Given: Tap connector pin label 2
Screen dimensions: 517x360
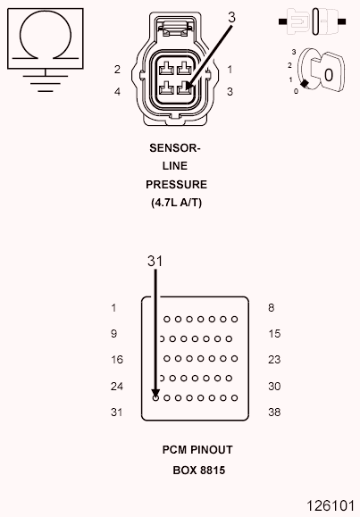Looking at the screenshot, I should pyautogui.click(x=117, y=70).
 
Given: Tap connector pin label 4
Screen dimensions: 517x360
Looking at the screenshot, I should pyautogui.click(x=117, y=91).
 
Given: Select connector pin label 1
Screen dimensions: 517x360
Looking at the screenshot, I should pyautogui.click(x=230, y=70).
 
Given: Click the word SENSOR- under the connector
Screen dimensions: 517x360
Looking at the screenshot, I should pyautogui.click(x=175, y=148).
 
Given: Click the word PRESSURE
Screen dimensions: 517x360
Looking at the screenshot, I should pyautogui.click(x=176, y=184).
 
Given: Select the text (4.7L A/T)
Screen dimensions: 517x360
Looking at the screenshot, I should pyautogui.click(x=176, y=203).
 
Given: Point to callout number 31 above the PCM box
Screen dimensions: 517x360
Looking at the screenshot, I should pyautogui.click(x=155, y=261).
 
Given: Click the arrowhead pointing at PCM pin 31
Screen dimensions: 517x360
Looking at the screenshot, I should pyautogui.click(x=155, y=391).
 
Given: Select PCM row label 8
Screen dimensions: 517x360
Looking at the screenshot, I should pyautogui.click(x=270, y=308).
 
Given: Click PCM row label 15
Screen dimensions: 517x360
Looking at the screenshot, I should pyautogui.click(x=274, y=334).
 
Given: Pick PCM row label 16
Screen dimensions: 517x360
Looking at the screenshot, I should pyautogui.click(x=116, y=360).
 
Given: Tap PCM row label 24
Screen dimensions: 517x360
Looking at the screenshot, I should pyautogui.click(x=116, y=387).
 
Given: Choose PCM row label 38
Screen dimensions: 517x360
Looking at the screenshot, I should pyautogui.click(x=275, y=413).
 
